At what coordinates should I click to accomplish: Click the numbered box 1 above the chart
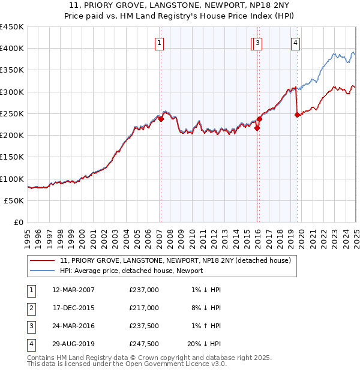point(160,43)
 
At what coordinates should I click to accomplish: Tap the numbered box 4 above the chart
point(296,43)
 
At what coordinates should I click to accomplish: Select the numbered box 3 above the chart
point(257,43)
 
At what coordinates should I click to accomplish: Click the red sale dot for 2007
point(161,119)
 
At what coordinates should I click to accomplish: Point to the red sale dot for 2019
point(297,115)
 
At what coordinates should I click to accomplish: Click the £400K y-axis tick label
point(12,49)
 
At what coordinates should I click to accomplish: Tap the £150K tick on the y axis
point(12,157)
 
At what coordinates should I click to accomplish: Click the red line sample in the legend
point(43,260)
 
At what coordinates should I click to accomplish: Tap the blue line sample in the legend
point(43,271)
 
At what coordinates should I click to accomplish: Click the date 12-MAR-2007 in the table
point(73,290)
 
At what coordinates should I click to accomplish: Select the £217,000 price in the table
point(144,308)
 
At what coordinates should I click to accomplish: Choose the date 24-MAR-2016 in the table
point(73,326)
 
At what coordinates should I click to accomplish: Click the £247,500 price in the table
point(144,344)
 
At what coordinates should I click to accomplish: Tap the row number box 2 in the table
point(30,308)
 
